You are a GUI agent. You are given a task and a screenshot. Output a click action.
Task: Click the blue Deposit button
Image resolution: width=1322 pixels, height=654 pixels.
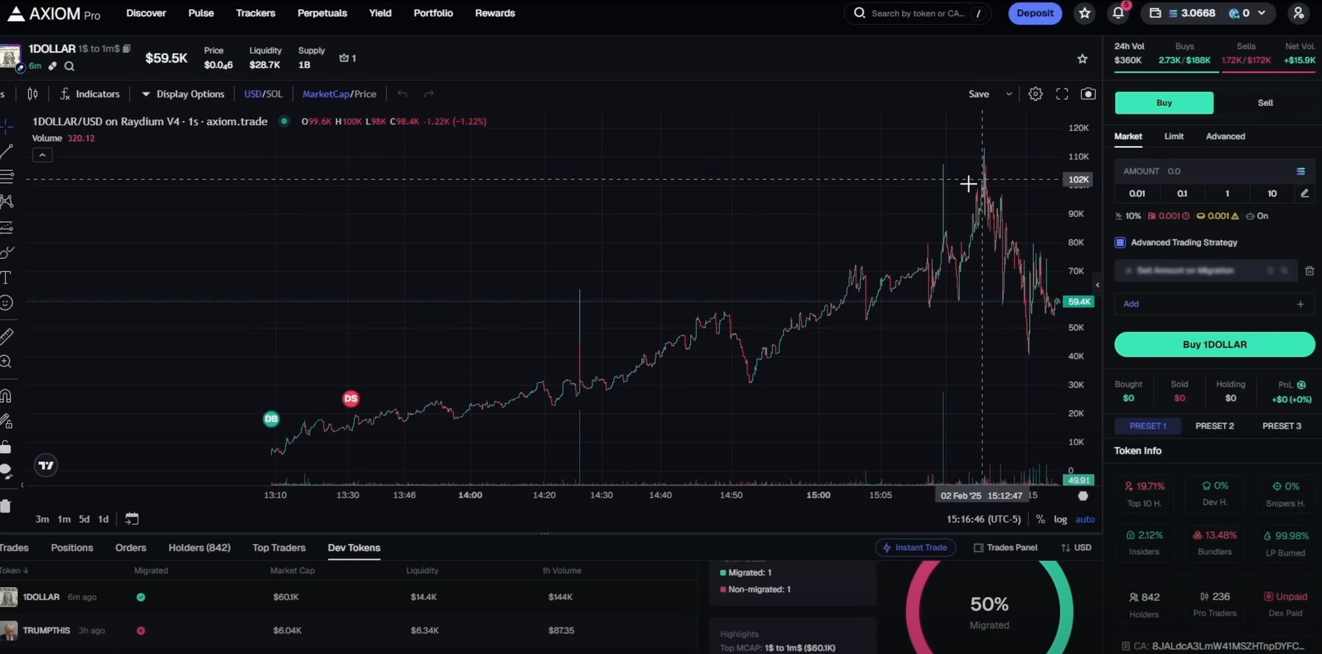[x=1034, y=13]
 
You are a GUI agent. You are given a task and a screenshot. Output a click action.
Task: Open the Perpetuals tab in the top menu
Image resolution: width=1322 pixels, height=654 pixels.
[x=322, y=13]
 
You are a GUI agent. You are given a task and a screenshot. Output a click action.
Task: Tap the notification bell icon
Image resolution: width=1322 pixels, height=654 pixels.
[x=1118, y=13]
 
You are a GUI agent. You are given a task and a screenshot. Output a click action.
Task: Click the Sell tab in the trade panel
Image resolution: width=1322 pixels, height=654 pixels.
[x=1264, y=102]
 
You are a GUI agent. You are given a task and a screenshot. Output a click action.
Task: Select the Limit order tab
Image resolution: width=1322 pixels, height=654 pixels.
[x=1173, y=136]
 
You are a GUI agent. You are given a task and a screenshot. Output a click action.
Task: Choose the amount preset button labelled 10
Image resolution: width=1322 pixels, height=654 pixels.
[x=1272, y=194]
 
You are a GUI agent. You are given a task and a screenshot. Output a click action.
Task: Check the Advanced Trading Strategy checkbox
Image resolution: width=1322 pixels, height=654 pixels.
[x=1120, y=243]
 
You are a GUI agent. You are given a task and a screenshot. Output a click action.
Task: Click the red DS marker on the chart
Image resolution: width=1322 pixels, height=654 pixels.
[x=350, y=399]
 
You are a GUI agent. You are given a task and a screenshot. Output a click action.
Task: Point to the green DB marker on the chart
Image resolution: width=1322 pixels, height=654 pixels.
[x=271, y=419]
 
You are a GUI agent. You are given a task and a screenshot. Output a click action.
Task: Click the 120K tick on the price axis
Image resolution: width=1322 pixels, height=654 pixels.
[x=1078, y=128]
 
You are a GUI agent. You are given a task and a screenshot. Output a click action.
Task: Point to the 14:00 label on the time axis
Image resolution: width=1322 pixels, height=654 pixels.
[x=470, y=495]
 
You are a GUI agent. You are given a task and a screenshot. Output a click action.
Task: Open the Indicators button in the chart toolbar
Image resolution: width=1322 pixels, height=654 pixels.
[x=90, y=94]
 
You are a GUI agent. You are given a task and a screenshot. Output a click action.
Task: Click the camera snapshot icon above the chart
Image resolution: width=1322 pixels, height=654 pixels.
[x=1087, y=94]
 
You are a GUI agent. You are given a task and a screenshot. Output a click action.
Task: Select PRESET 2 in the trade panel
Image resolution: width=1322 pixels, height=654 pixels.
[x=1214, y=426]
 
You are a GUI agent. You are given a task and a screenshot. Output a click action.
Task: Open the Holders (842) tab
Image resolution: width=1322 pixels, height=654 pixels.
[x=199, y=548]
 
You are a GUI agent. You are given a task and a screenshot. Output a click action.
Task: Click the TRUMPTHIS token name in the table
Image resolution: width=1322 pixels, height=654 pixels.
[x=46, y=630]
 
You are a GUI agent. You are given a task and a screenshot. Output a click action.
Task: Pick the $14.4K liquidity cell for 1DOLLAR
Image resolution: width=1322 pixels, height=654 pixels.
[x=423, y=597]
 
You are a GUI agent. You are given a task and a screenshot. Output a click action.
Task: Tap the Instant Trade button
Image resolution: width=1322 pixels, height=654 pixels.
[x=915, y=548]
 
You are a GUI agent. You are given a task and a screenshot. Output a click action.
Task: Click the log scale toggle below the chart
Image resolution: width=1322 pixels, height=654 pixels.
[x=1060, y=519]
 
